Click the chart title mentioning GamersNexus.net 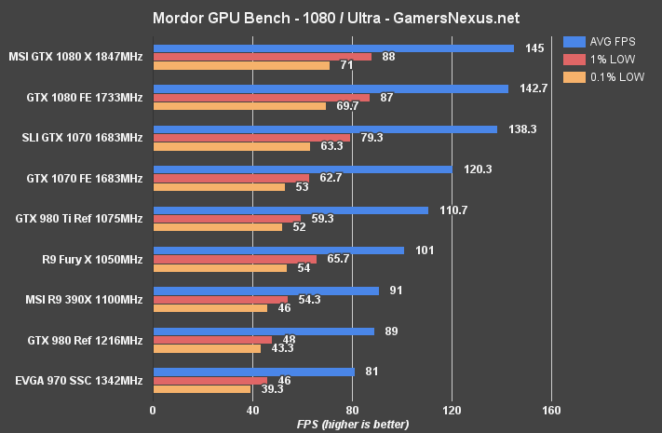[x=331, y=18]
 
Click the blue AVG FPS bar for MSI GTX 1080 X [x=333, y=47]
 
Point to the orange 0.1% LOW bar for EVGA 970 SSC [x=201, y=389]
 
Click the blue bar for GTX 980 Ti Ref [x=290, y=210]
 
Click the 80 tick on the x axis [x=352, y=410]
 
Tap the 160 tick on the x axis [x=551, y=410]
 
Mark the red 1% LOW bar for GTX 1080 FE [x=262, y=97]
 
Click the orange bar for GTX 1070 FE [x=219, y=186]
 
